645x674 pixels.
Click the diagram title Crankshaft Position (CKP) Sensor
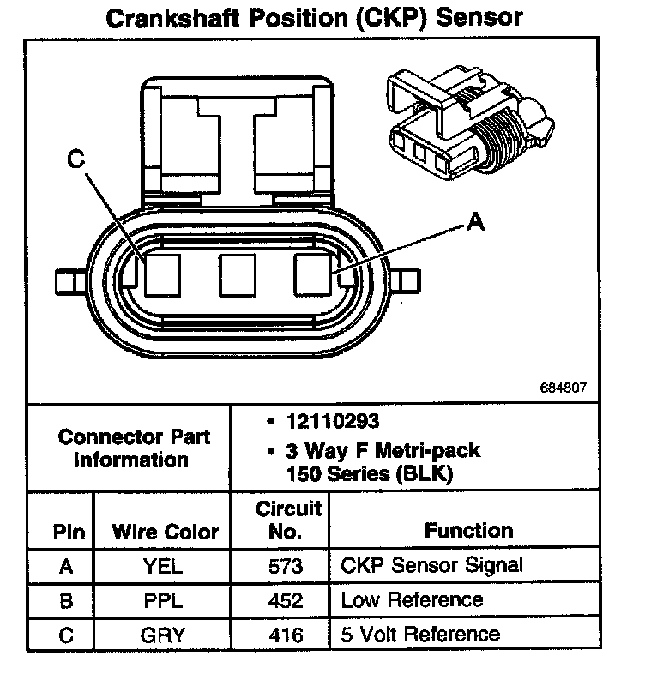313,19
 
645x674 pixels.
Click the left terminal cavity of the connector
161,274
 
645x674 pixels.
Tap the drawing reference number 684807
564,387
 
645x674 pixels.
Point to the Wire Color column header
165,532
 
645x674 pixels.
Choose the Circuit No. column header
288,520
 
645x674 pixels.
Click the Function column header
468,531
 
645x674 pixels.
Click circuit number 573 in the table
286,567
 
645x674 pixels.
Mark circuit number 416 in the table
286,635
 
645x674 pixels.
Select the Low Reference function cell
412,599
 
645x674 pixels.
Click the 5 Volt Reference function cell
420,634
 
